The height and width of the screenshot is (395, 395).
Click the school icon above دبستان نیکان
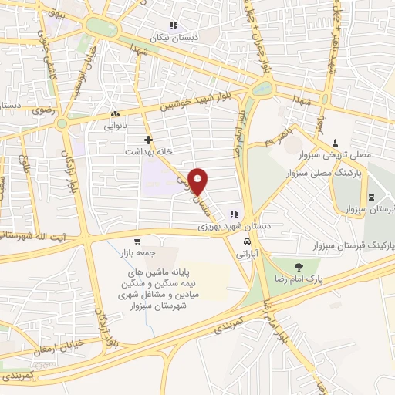tap(174, 25)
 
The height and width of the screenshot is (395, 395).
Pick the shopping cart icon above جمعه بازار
tap(137, 241)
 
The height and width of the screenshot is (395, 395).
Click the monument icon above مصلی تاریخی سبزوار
tap(335, 143)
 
